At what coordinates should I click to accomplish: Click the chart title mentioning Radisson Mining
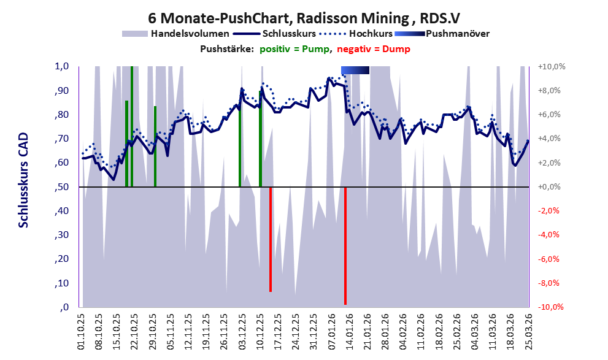[x=304, y=18]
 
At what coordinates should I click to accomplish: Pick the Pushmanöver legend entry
[x=457, y=34]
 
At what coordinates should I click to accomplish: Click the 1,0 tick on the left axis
[x=62, y=66]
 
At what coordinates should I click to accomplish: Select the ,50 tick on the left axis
[x=61, y=187]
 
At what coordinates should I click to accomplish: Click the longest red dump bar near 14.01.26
[x=345, y=245]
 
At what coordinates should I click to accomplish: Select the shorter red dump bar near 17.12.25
[x=271, y=239]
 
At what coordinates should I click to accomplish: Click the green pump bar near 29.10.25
[x=155, y=146]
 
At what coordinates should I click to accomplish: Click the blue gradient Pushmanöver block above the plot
[x=355, y=71]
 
